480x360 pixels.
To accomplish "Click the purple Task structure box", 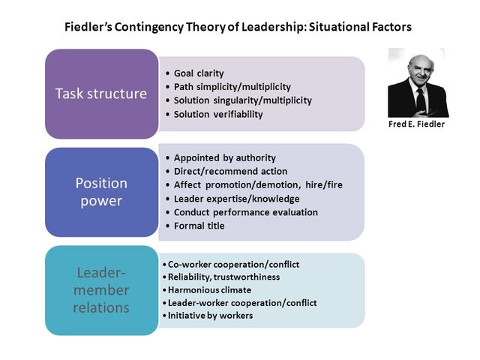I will pyautogui.click(x=101, y=94).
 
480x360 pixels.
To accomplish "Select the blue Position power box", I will pyautogui.click(x=101, y=192).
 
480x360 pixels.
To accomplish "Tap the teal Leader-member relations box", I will pyautogui.click(x=101, y=290).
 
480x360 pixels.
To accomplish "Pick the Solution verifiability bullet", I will pyautogui.click(x=218, y=114).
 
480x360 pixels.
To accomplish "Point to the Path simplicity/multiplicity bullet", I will pyautogui.click(x=232, y=87).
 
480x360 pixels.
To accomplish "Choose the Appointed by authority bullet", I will pyautogui.click(x=224, y=157).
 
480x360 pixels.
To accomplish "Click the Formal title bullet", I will pyautogui.click(x=199, y=226).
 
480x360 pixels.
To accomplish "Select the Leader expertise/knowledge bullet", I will pyautogui.click(x=236, y=199).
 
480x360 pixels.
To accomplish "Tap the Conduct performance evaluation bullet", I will pyautogui.click(x=245, y=212).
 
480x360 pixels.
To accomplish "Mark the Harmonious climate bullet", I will pyautogui.click(x=209, y=289).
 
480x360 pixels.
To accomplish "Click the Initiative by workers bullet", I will pyautogui.click(x=210, y=315).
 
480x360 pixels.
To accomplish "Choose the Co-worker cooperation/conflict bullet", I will pyautogui.click(x=233, y=264).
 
